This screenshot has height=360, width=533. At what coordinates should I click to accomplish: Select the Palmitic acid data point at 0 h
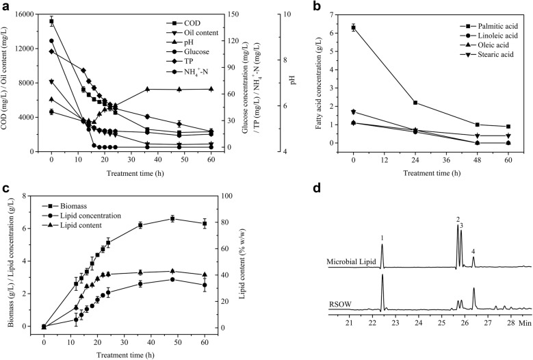[353, 27]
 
